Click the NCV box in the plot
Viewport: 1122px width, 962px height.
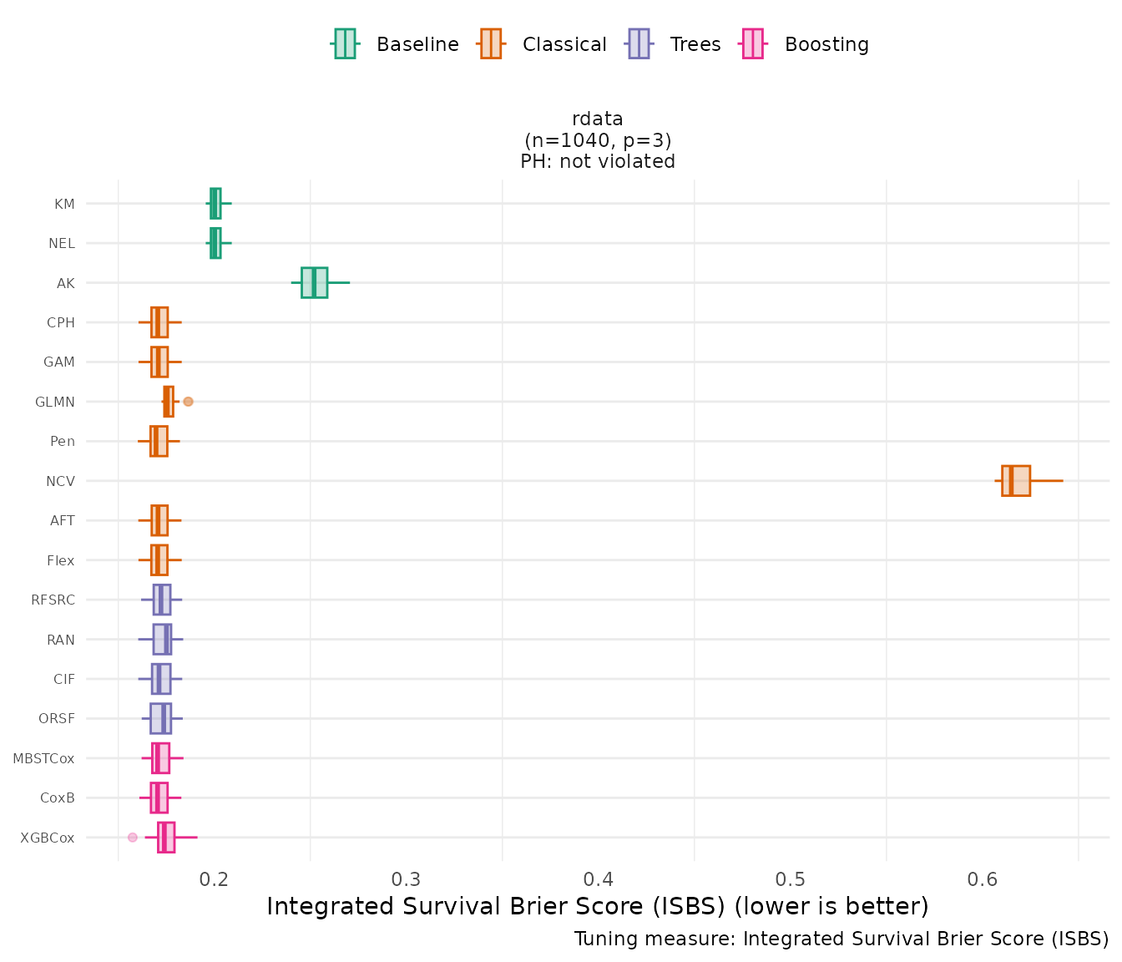[x=1016, y=481]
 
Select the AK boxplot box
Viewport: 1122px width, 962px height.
[x=314, y=282]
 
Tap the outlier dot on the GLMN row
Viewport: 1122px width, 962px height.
[x=188, y=402]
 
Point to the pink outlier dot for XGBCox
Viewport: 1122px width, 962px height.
[x=133, y=837]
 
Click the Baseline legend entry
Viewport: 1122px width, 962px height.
[x=397, y=44]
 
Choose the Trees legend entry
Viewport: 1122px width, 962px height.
[x=675, y=44]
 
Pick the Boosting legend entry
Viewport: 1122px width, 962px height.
[x=806, y=44]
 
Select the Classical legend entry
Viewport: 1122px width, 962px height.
[x=543, y=44]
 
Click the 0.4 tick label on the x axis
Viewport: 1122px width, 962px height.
[x=599, y=879]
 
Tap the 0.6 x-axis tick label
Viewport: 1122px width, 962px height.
[x=983, y=879]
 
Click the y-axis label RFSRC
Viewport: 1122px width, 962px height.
[x=53, y=600]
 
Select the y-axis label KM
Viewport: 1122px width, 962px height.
[x=64, y=204]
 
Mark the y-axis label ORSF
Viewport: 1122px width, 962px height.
[x=57, y=719]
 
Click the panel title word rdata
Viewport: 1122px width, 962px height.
[x=598, y=119]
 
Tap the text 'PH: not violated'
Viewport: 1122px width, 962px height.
[x=598, y=161]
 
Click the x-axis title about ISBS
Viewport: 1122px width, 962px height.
[x=598, y=906]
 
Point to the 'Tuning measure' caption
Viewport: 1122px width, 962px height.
[x=841, y=939]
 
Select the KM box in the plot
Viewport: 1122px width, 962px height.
[x=215, y=203]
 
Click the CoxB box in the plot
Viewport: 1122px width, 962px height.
[x=159, y=797]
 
